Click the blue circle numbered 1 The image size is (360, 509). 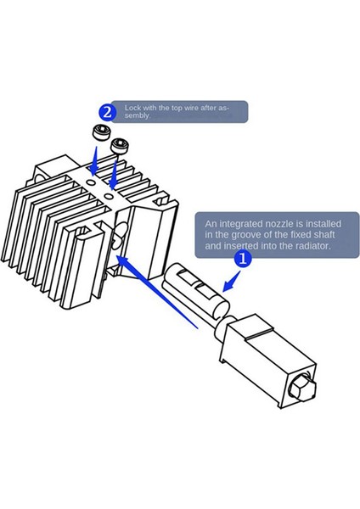[241, 258]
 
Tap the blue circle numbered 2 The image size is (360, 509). [106, 112]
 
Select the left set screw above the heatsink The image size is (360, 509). [99, 132]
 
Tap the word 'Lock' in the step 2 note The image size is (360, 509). [132, 108]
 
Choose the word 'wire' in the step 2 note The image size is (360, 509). [188, 108]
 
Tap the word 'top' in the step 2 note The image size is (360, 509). [172, 108]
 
